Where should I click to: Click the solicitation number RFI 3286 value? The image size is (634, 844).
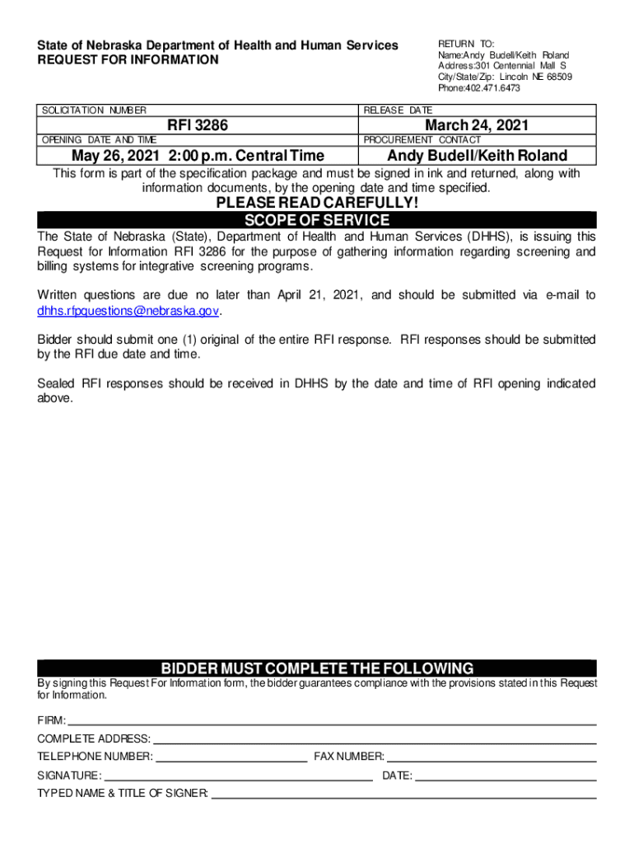(198, 125)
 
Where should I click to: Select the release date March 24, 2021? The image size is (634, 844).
(476, 125)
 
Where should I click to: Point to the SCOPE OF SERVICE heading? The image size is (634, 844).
(317, 220)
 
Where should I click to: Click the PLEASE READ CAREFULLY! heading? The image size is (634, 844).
(317, 204)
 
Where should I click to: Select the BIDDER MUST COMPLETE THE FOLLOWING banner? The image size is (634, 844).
(317, 668)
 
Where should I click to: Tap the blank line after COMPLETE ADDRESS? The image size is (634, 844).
(374, 739)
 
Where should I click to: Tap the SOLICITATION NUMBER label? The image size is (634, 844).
(94, 110)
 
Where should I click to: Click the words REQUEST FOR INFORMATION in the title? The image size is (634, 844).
(128, 60)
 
